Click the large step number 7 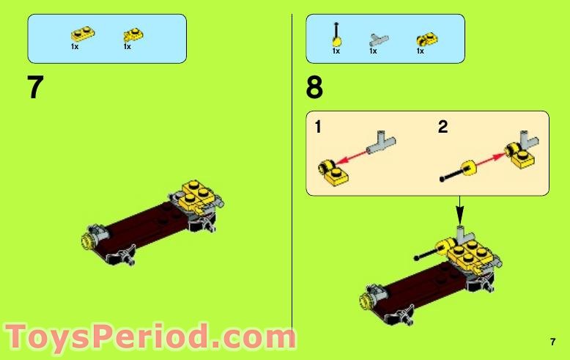pos(35,88)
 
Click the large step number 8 pos(314,89)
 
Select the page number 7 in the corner pos(552,341)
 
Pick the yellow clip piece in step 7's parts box pos(131,34)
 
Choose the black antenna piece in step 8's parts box pos(336,34)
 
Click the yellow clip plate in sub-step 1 pos(333,169)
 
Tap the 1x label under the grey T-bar pos(373,51)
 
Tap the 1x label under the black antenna pos(336,51)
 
